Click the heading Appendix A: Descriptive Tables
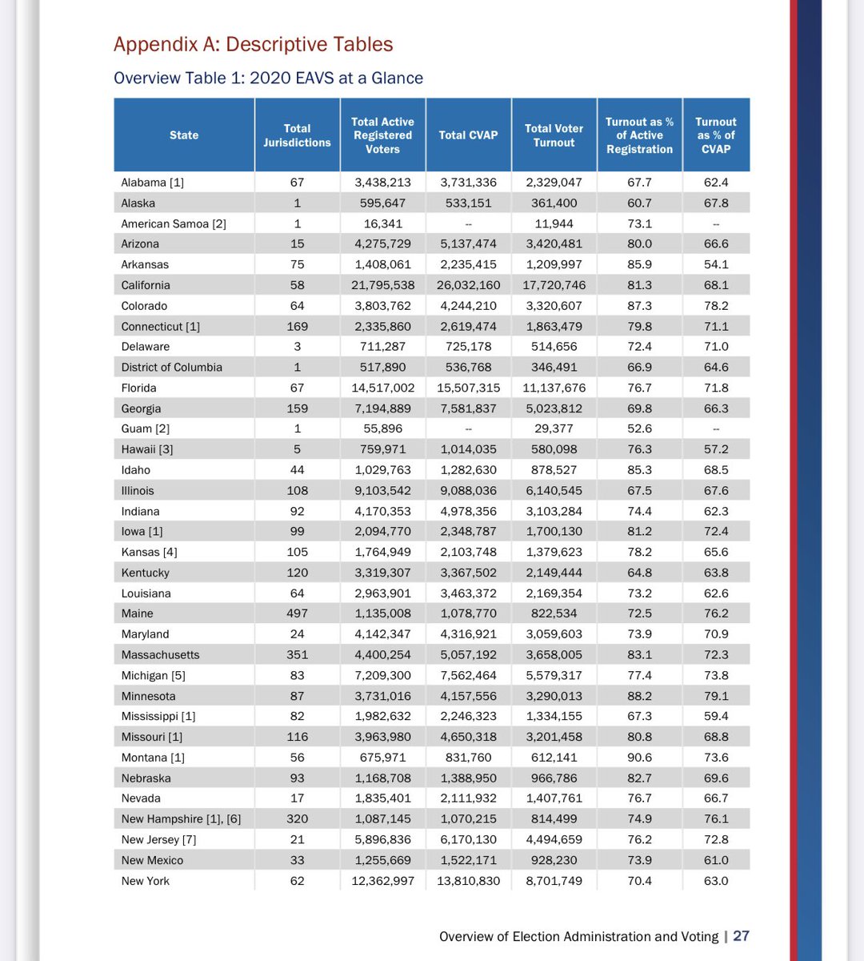253,44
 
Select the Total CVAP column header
468,135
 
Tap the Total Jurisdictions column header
297,135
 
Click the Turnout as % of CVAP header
715,135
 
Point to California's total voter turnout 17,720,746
554,285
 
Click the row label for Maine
137,613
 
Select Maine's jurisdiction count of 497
297,613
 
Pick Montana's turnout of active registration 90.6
639,758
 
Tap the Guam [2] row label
145,428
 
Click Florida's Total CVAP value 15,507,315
468,388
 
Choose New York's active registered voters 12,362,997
382,881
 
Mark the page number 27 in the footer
741,936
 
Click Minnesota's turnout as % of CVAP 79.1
715,696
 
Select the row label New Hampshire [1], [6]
181,819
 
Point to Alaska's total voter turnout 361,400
554,203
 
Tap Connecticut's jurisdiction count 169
297,327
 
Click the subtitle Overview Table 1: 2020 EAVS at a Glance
268,78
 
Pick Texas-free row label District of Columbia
171,368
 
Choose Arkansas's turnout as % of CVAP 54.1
715,264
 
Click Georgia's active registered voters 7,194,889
382,408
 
